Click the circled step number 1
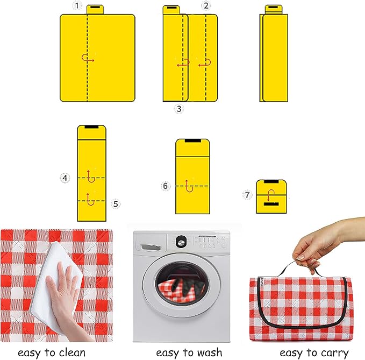click(x=77, y=5)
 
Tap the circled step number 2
click(x=206, y=5)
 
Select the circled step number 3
click(x=179, y=109)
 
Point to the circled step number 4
click(x=65, y=178)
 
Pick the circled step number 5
click(x=116, y=204)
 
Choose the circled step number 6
click(x=165, y=186)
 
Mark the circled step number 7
click(x=247, y=195)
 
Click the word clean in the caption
click(x=72, y=352)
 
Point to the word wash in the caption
click(x=209, y=352)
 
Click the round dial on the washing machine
click(x=181, y=242)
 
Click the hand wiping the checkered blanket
click(x=63, y=291)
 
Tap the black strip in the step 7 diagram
click(x=271, y=204)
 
